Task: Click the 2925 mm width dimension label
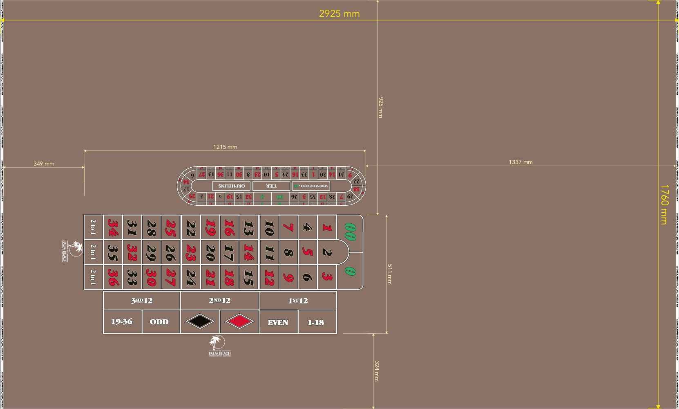tap(339, 14)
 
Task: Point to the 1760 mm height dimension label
tap(664, 204)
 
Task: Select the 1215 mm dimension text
tap(225, 147)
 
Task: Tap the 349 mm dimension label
tap(44, 164)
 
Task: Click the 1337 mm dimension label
tap(520, 162)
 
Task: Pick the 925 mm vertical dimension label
tap(381, 107)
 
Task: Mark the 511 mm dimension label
tap(389, 274)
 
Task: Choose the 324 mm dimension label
tap(377, 371)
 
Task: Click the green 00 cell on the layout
tap(350, 231)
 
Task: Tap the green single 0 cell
tap(350, 271)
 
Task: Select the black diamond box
tap(200, 321)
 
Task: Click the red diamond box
tap(239, 321)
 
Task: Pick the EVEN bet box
tap(278, 322)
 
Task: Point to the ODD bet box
tap(159, 322)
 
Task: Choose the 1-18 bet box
tap(316, 322)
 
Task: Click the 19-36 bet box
tap(122, 321)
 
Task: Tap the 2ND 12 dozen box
tap(219, 301)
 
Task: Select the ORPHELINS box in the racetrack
tap(231, 186)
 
